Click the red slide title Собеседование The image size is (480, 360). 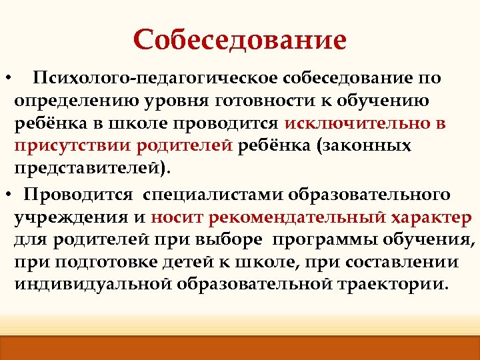(x=240, y=39)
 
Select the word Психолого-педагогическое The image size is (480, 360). (x=155, y=79)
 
